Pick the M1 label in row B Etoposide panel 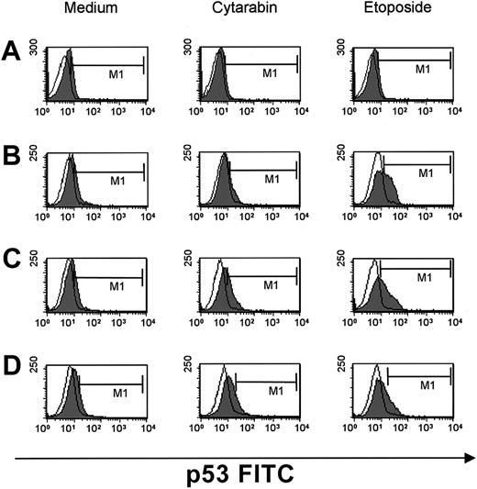click(x=425, y=172)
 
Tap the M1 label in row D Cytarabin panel click(x=272, y=392)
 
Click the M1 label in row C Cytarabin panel click(x=272, y=284)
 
